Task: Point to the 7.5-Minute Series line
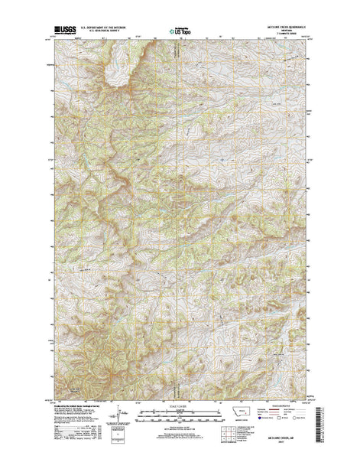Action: coord(288,35)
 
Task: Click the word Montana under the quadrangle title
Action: coord(288,32)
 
